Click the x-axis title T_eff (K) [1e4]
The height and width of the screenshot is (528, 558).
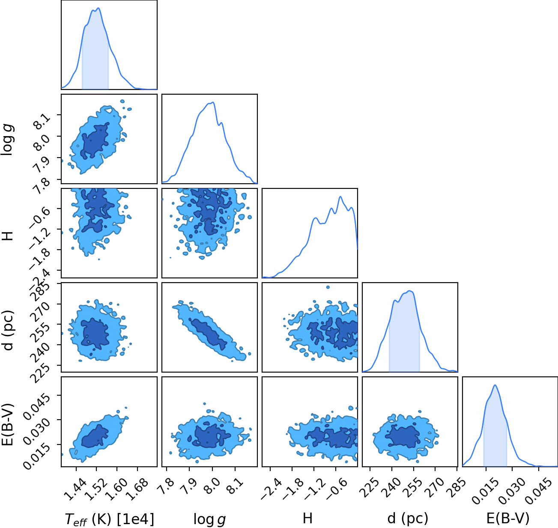tap(110, 519)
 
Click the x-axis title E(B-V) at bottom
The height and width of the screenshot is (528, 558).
tap(508, 518)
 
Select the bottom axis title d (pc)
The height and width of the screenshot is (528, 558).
tap(408, 518)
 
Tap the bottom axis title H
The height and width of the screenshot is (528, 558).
tap(307, 518)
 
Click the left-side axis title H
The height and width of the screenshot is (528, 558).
tap(8, 236)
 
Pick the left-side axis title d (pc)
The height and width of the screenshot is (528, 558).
tap(8, 330)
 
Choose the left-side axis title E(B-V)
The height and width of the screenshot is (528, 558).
tap(8, 424)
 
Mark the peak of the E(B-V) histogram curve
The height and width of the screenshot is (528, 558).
tap(495, 385)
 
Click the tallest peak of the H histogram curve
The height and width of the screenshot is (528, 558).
tap(340, 197)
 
